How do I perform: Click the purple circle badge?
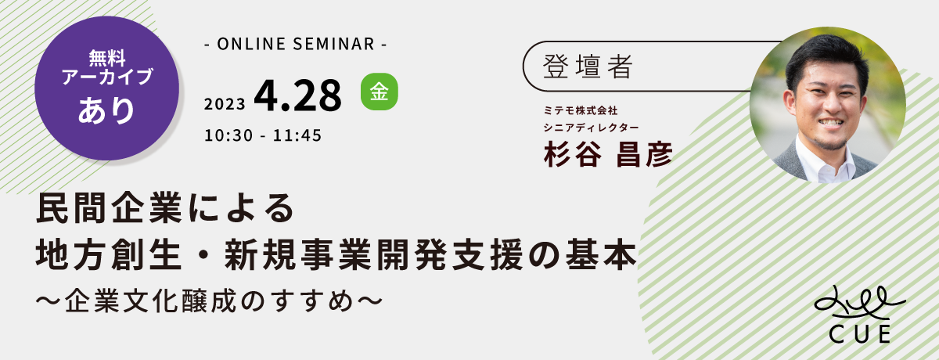pos(107,88)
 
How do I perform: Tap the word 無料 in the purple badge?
pos(107,58)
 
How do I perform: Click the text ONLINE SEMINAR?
pos(296,44)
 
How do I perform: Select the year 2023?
pos(225,104)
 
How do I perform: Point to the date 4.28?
pos(297,96)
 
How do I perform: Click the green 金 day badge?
pos(380,92)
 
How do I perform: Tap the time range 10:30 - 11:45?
pos(263,135)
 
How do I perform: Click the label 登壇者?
pos(588,67)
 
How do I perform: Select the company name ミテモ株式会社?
pos(581,110)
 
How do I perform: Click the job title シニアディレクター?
pos(591,127)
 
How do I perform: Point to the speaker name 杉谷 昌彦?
pos(608,154)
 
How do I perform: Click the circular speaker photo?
pos(828,105)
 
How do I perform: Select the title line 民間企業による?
pos(166,207)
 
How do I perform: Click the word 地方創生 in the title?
pos(109,255)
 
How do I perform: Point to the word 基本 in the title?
pos(601,255)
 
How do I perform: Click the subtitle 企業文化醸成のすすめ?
pos(209,301)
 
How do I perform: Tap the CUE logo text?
pos(860,334)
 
